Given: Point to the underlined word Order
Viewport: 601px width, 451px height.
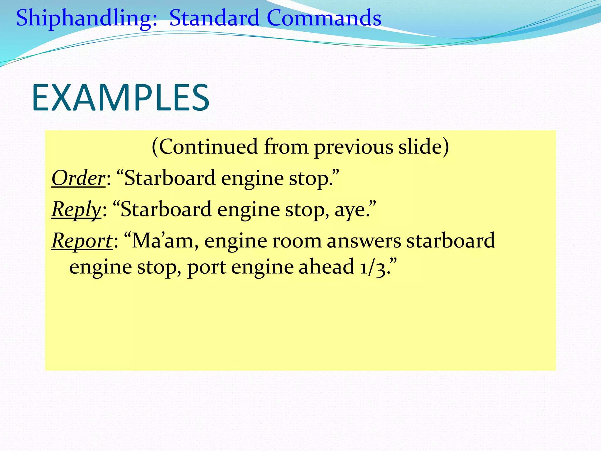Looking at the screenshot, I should (78, 178).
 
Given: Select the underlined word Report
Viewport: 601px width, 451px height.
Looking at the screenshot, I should (82, 241).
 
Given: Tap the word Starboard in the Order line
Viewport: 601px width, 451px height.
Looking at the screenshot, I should (170, 178).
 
